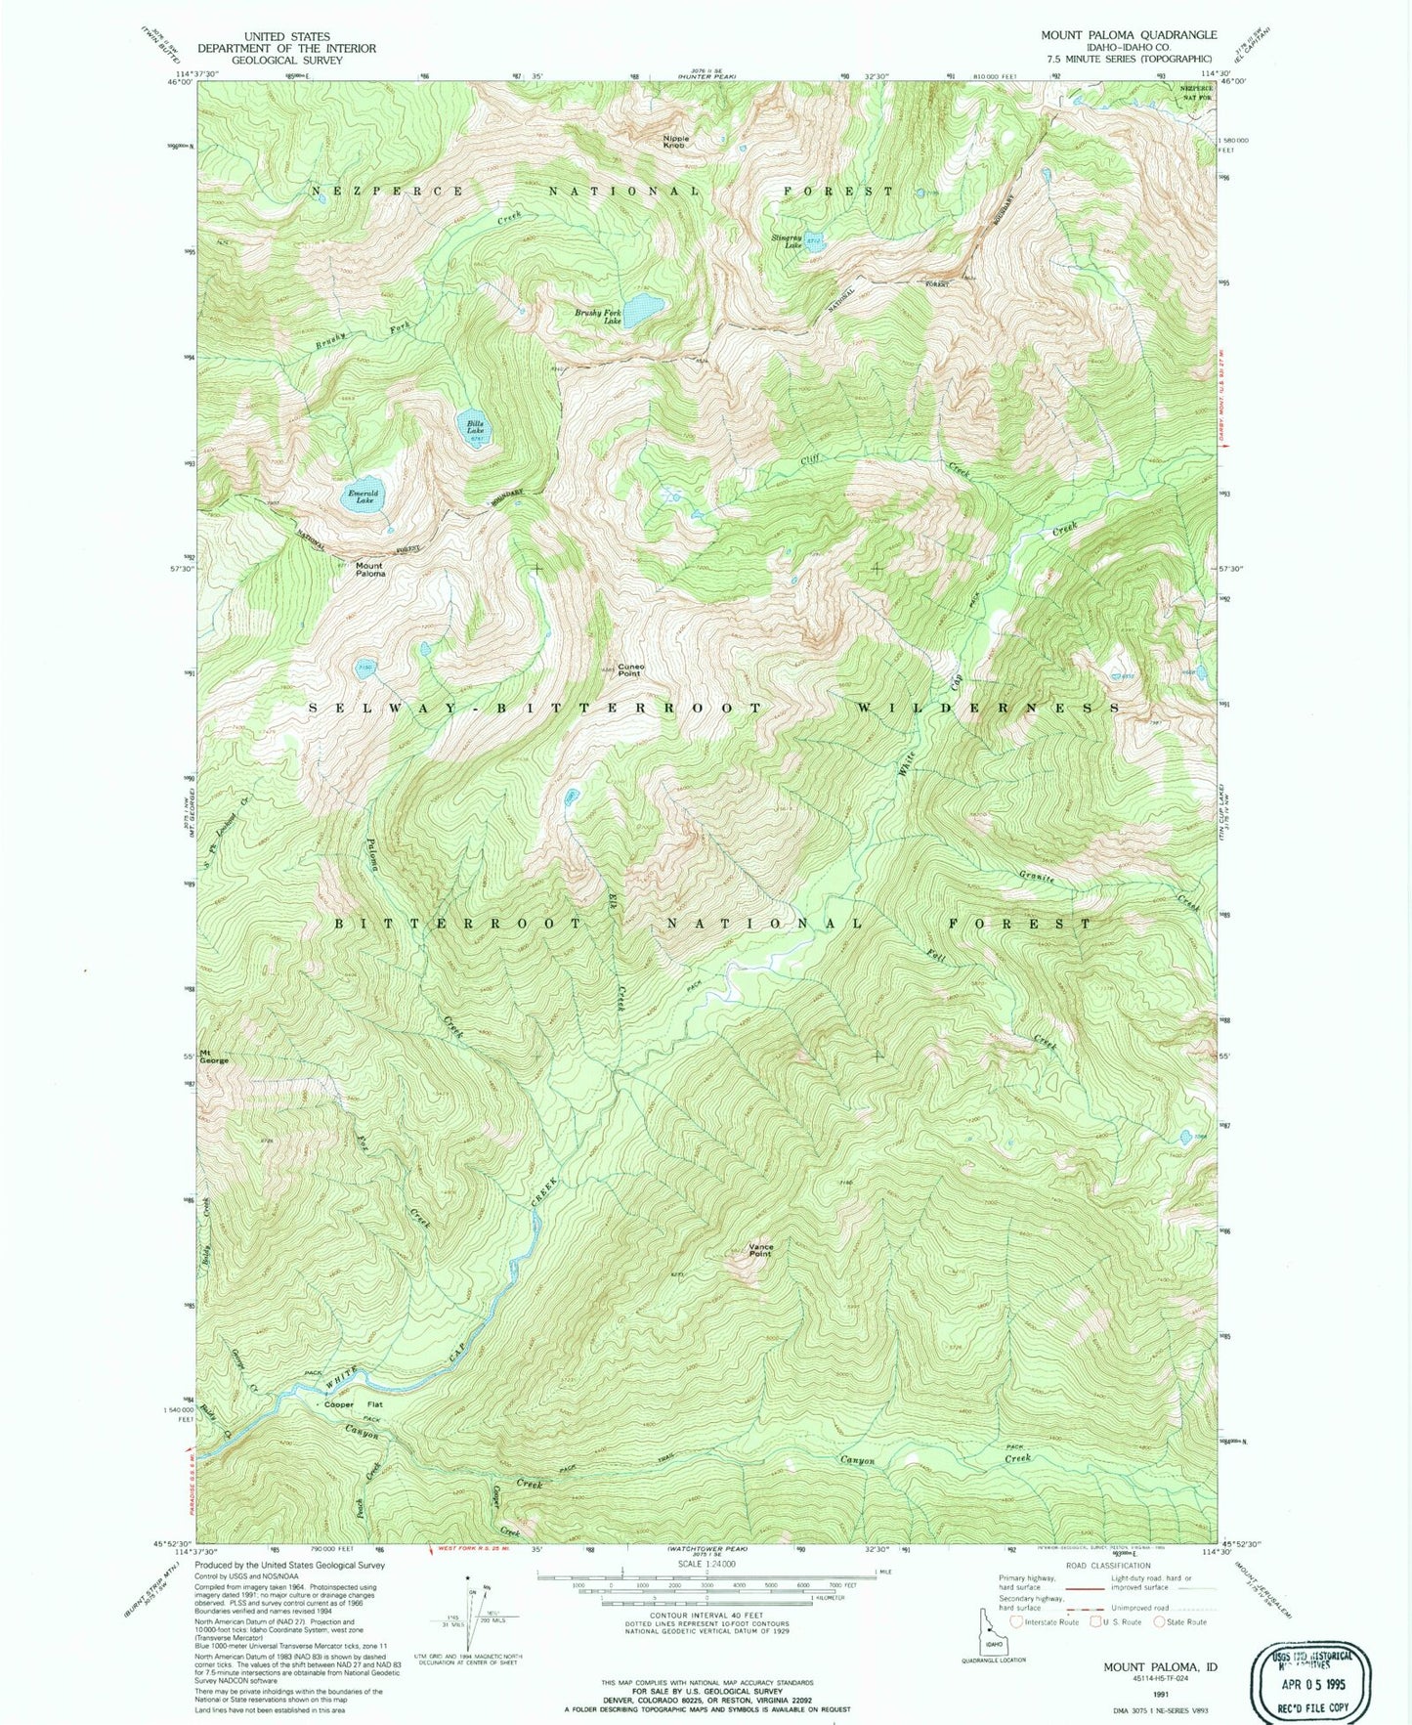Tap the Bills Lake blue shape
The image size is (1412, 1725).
[475, 426]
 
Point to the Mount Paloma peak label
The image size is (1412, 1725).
[369, 569]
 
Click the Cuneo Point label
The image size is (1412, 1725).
[629, 670]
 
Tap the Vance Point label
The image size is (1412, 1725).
[760, 1250]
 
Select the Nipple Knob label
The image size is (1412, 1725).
[676, 142]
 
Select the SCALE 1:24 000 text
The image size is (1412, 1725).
[705, 1591]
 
